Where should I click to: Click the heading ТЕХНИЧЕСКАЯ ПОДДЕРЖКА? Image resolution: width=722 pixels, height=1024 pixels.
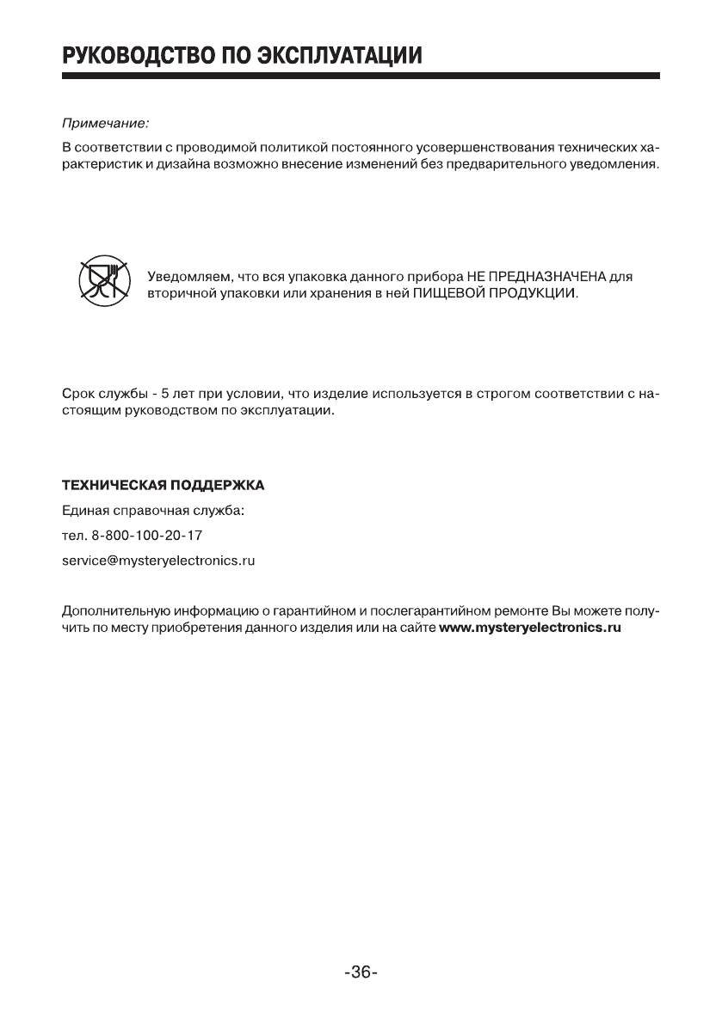pyautogui.click(x=164, y=486)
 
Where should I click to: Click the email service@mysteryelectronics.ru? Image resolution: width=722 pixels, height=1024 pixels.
pyautogui.click(x=159, y=561)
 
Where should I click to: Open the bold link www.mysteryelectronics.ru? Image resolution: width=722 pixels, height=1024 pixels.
pyautogui.click(x=530, y=628)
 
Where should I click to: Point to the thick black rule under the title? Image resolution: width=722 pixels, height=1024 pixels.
pyautogui.click(x=361, y=77)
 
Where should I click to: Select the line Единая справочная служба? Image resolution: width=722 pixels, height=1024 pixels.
pyautogui.click(x=154, y=511)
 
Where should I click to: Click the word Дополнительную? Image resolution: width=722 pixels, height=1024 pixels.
pyautogui.click(x=115, y=611)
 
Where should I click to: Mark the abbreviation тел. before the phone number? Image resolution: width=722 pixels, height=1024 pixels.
pyautogui.click(x=75, y=536)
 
